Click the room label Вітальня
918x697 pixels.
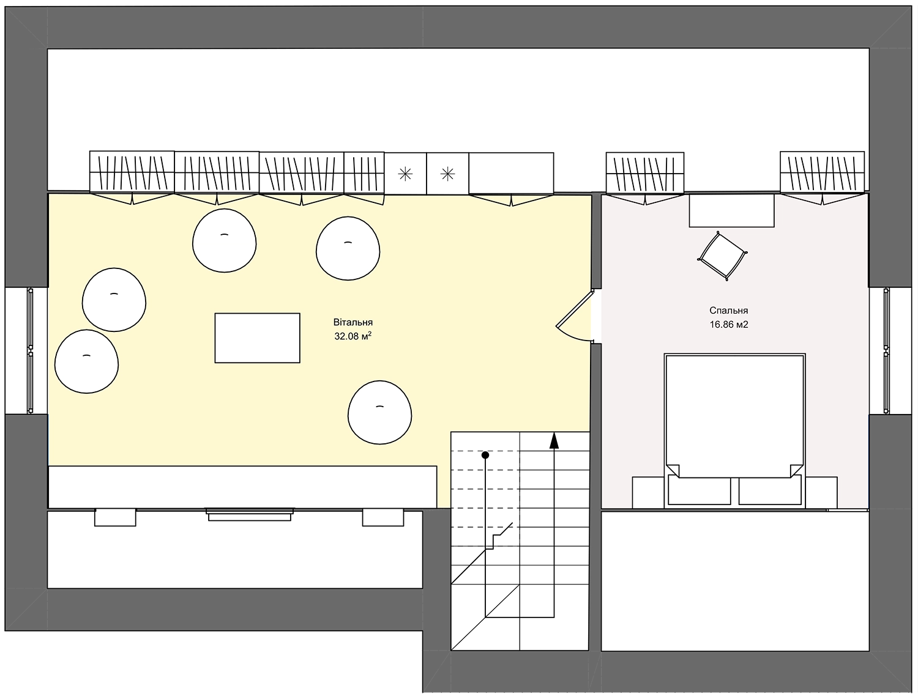coord(353,322)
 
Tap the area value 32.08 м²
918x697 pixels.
coord(353,336)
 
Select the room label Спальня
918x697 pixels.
coord(728,311)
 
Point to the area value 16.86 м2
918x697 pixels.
coord(728,325)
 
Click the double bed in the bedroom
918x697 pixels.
coord(735,431)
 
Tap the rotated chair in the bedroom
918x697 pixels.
coord(722,256)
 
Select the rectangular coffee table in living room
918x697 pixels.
coord(257,338)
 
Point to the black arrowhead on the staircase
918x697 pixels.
coord(554,441)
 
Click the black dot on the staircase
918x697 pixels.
coord(485,455)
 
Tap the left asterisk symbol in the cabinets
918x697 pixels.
coord(405,174)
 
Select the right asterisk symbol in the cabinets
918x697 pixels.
coord(447,174)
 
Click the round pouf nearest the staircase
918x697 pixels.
coord(380,412)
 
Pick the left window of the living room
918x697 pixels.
coord(30,351)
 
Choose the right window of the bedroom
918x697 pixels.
coord(886,351)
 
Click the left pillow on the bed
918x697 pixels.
coord(700,491)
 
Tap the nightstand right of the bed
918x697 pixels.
coord(821,493)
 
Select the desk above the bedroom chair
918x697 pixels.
coord(731,210)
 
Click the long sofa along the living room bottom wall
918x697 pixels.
coord(242,487)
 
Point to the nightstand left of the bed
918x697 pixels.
coord(648,493)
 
